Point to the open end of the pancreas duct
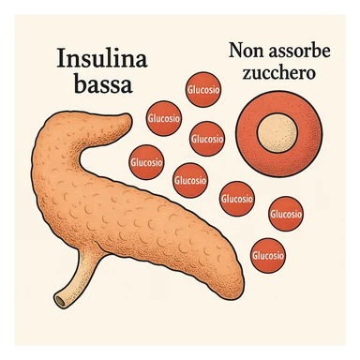[63, 301]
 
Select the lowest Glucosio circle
[269, 254]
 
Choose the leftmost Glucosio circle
[144, 160]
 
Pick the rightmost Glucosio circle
[285, 215]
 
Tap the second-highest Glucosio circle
[163, 119]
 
